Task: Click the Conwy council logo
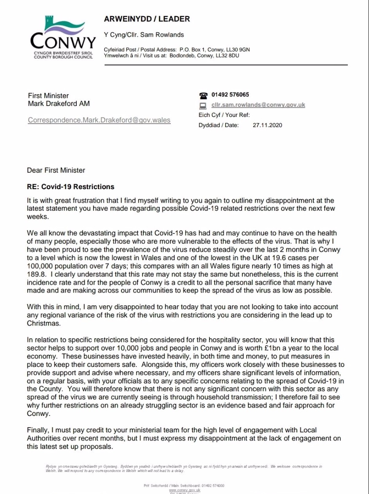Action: click(x=63, y=38)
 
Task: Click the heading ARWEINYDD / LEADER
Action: click(x=147, y=19)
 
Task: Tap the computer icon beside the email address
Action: click(x=202, y=106)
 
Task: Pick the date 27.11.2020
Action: click(x=267, y=125)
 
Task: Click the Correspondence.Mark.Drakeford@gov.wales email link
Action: click(x=99, y=120)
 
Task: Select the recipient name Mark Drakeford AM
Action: click(x=59, y=103)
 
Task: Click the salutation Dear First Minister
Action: click(x=56, y=171)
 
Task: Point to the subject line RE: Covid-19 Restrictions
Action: click(x=70, y=187)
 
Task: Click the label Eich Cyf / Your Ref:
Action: click(x=224, y=115)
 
